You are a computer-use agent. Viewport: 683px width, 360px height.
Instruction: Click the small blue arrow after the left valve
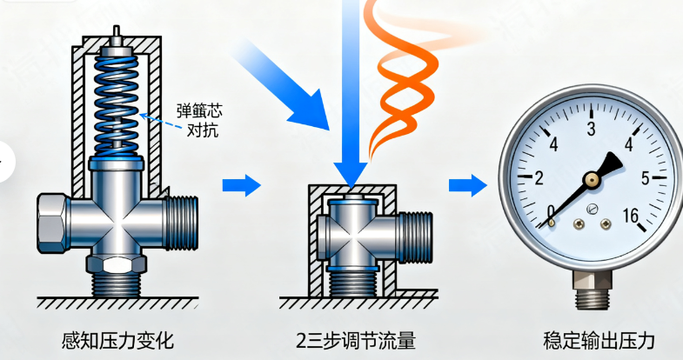tap(242, 184)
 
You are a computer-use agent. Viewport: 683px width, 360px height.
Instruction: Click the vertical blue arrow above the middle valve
tap(353, 96)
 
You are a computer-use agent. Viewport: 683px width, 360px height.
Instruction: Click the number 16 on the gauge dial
tap(633, 215)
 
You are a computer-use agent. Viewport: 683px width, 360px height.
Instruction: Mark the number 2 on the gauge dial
tap(539, 178)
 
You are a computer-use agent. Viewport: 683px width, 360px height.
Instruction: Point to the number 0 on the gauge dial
tap(550, 211)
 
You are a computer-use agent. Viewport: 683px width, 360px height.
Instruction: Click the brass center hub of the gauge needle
tap(592, 179)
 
